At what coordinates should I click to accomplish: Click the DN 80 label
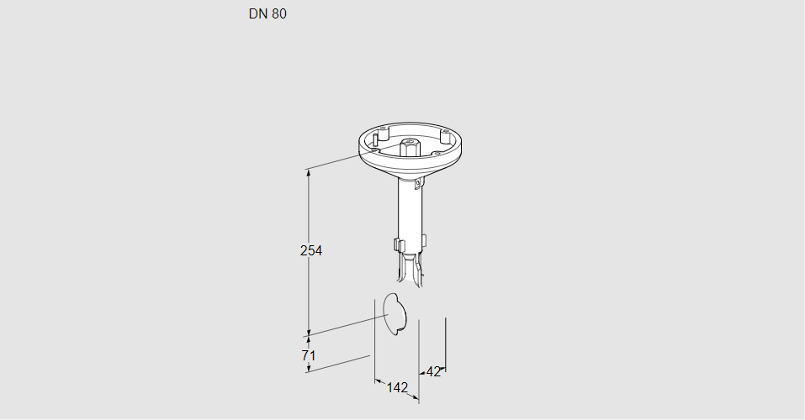tap(267, 13)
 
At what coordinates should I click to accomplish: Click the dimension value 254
tap(311, 250)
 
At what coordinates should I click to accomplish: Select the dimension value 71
tap(309, 354)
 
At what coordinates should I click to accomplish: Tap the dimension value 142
tap(397, 388)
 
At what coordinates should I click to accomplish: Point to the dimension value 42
tap(433, 372)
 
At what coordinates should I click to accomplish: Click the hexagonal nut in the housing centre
tap(409, 147)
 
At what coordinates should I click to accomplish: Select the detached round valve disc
tap(395, 314)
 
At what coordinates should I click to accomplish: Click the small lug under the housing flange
tap(421, 182)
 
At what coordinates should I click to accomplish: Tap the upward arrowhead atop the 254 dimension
tap(309, 173)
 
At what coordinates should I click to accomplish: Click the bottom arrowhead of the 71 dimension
tap(309, 368)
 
